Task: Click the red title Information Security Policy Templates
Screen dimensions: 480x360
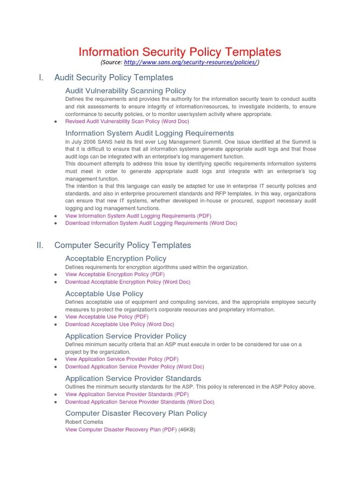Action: (x=180, y=52)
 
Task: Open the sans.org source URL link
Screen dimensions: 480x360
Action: (x=190, y=62)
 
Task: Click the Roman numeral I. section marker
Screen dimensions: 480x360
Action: (x=41, y=78)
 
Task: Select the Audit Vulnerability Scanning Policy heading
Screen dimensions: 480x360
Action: (x=126, y=91)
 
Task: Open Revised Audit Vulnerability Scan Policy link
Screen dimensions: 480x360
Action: (x=127, y=121)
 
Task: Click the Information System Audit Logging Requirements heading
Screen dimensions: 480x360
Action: (x=150, y=133)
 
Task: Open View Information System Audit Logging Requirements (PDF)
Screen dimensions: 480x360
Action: (x=138, y=216)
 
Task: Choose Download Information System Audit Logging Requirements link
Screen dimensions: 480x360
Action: (x=151, y=224)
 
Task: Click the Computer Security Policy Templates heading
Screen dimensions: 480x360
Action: (x=123, y=245)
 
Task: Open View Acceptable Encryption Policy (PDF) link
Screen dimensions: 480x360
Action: (x=115, y=274)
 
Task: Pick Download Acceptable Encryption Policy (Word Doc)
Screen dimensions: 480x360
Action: (x=127, y=282)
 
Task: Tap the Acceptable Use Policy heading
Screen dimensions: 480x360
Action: (x=104, y=294)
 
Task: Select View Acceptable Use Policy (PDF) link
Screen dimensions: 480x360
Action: (x=107, y=317)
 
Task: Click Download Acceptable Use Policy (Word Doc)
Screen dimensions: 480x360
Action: (x=120, y=324)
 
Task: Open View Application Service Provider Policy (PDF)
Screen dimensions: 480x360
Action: (x=122, y=359)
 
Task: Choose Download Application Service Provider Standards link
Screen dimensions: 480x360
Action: (x=140, y=402)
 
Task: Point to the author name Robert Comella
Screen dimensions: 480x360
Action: (x=84, y=422)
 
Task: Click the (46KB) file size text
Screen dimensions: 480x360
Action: (x=187, y=429)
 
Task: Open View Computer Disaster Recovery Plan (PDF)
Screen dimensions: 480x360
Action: (x=121, y=429)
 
